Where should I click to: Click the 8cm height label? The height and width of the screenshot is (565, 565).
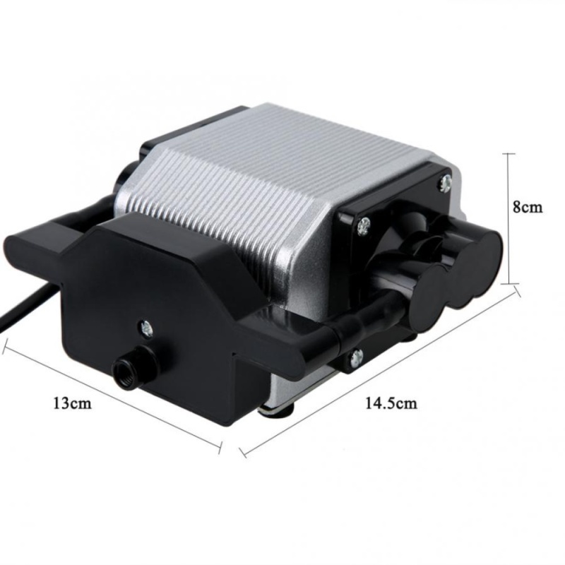pos(527,208)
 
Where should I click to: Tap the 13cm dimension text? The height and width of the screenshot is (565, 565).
pos(73,403)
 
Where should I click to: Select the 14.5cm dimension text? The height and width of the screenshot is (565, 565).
pos(391,403)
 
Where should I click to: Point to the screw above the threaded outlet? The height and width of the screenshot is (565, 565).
pos(147,328)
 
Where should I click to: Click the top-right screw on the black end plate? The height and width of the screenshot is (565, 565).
pos(446,183)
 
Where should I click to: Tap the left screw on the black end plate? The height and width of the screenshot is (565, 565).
pos(364,226)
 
